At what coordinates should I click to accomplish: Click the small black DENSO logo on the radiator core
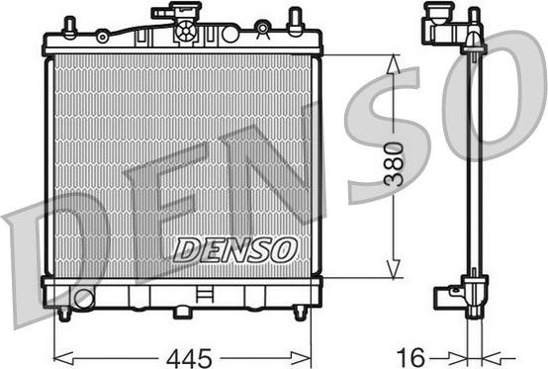click(234, 250)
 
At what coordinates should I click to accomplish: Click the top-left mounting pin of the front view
click(69, 25)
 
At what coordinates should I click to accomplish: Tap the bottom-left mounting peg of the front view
click(65, 313)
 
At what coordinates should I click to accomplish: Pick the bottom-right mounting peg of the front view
click(300, 313)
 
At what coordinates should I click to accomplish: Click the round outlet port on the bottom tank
click(83, 298)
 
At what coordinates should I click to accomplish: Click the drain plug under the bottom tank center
click(183, 312)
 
